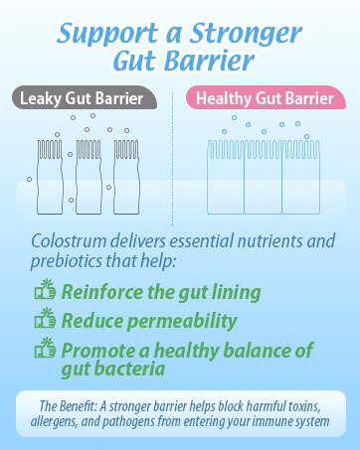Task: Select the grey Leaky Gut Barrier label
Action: pos(85,99)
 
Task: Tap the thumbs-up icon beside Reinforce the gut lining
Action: pos(44,291)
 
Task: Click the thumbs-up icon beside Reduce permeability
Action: pos(44,320)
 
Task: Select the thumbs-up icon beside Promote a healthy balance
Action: pos(44,349)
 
